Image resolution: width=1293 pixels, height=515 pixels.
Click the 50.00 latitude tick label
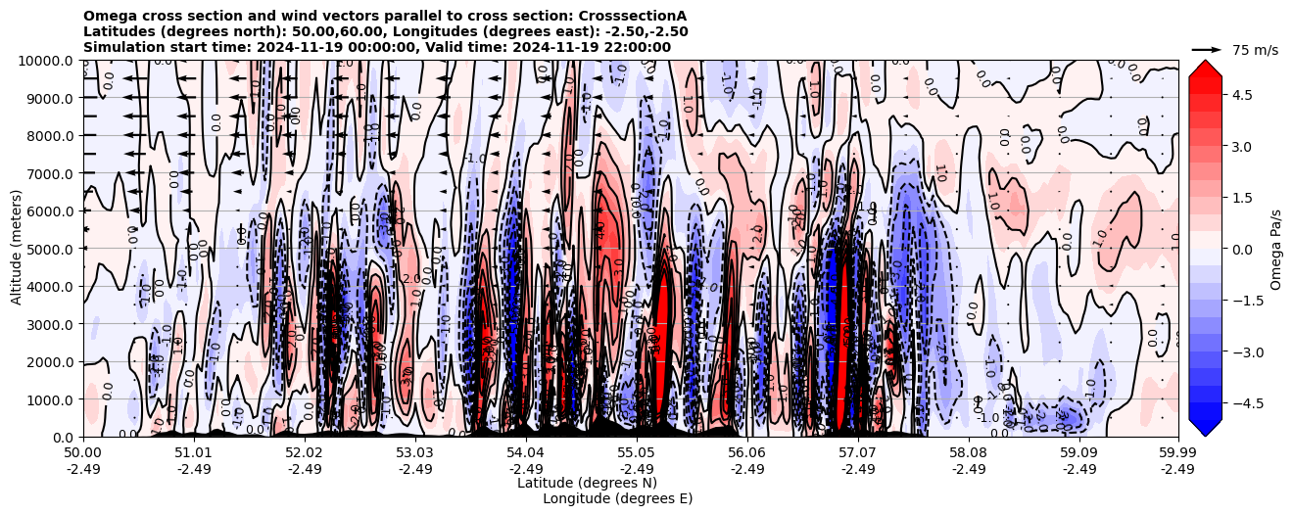pos(83,453)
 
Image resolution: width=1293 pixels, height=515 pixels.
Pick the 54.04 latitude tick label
pos(526,453)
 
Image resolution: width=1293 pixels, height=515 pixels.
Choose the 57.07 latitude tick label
pos(858,453)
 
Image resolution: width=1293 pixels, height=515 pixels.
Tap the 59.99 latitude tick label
pos(1177,453)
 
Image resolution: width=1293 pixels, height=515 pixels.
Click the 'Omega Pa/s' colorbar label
pos(1276,249)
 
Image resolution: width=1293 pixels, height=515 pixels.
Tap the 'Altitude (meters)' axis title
pos(18,249)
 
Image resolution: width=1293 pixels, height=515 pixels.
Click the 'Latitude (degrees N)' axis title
pos(587,483)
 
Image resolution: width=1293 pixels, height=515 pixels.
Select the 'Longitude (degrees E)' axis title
pos(617,498)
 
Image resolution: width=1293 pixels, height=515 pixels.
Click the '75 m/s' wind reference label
pos(1255,50)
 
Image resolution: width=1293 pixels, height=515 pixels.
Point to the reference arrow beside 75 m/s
pos(1207,49)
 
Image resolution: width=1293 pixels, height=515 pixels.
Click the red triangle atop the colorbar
pos(1205,68)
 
